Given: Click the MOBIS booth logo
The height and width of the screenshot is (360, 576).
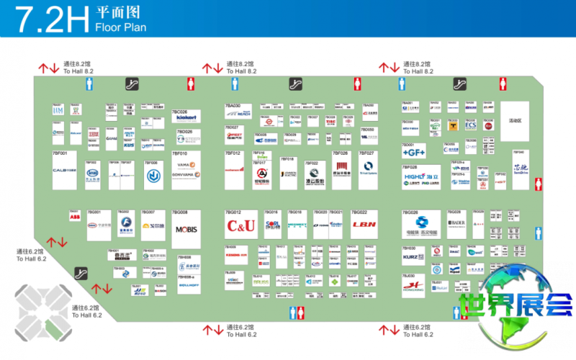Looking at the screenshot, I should tap(186, 230).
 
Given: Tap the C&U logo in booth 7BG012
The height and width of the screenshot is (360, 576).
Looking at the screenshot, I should tap(240, 226).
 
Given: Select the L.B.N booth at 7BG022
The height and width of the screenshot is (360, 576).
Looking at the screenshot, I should tap(364, 225).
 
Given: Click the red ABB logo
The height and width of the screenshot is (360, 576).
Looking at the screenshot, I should tap(75, 216).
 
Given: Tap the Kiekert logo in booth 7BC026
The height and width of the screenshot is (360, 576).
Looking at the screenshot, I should tap(186, 119).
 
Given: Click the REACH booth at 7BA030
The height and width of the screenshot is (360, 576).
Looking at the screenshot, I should tap(239, 114).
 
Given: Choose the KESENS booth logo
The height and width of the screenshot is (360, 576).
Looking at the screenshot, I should tap(236, 254).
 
